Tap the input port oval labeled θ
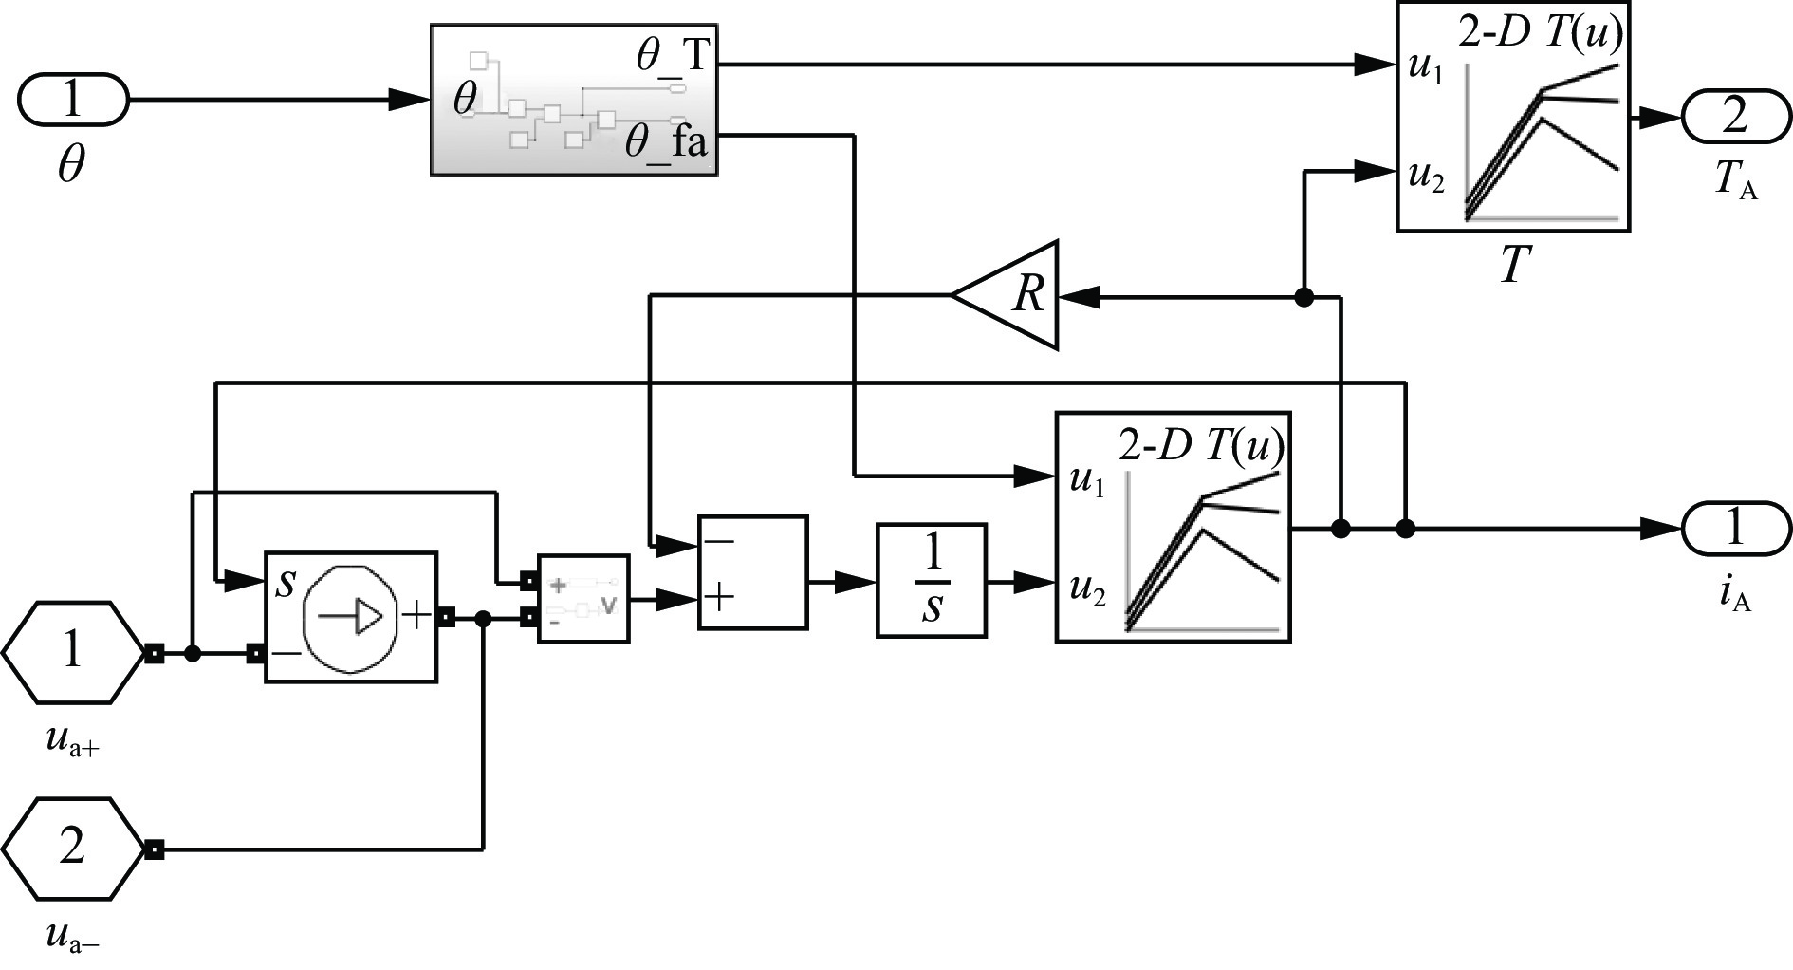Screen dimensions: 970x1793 click(x=73, y=99)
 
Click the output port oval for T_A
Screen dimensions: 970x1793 click(x=1735, y=117)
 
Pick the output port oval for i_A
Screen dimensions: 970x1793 click(x=1735, y=528)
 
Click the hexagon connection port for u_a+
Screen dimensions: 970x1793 click(x=72, y=652)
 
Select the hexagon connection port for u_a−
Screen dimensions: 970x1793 click(x=72, y=849)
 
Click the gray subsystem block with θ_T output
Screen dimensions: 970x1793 click(x=573, y=101)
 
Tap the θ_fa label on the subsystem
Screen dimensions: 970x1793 click(x=666, y=145)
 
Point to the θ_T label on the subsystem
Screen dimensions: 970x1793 click(x=672, y=56)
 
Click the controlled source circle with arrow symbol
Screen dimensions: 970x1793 click(x=350, y=617)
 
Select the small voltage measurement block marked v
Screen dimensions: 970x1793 click(x=583, y=599)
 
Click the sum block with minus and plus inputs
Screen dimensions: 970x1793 click(x=752, y=572)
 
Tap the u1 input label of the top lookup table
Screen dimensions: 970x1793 click(x=1425, y=70)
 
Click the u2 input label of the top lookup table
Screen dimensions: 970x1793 click(x=1425, y=177)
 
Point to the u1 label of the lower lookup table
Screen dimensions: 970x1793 click(x=1087, y=480)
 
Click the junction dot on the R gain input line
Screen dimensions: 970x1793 click(x=1304, y=297)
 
